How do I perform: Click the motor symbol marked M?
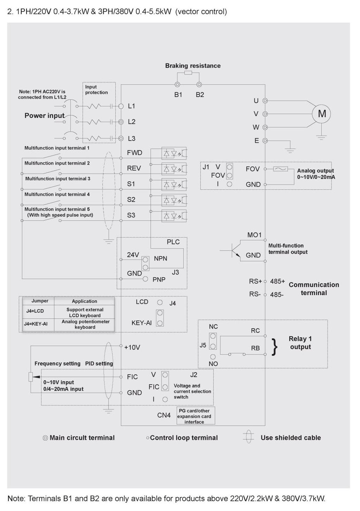pyautogui.click(x=321, y=114)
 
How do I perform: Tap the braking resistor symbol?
pyautogui.click(x=188, y=73)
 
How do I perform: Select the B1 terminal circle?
pyautogui.click(x=177, y=85)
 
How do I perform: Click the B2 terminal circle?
pyautogui.click(x=199, y=85)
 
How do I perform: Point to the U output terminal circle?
pyautogui.click(x=265, y=100)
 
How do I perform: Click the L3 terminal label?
pyautogui.click(x=131, y=138)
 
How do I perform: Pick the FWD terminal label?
pyautogui.click(x=135, y=153)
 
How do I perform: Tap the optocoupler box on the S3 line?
pyautogui.click(x=174, y=216)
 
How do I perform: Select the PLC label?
pyautogui.click(x=173, y=242)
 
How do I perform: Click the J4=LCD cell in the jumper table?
pyautogui.click(x=35, y=311)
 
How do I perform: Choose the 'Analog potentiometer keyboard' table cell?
pyautogui.click(x=85, y=324)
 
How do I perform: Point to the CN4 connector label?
pyautogui.click(x=164, y=415)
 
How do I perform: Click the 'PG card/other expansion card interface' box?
pyautogui.click(x=196, y=416)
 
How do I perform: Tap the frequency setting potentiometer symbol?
pyautogui.click(x=31, y=377)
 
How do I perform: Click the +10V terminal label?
pyautogui.click(x=132, y=347)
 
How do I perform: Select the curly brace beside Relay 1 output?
pyautogui.click(x=275, y=347)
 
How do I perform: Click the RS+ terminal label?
pyautogui.click(x=255, y=281)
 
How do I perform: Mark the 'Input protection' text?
pyautogui.click(x=96, y=90)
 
